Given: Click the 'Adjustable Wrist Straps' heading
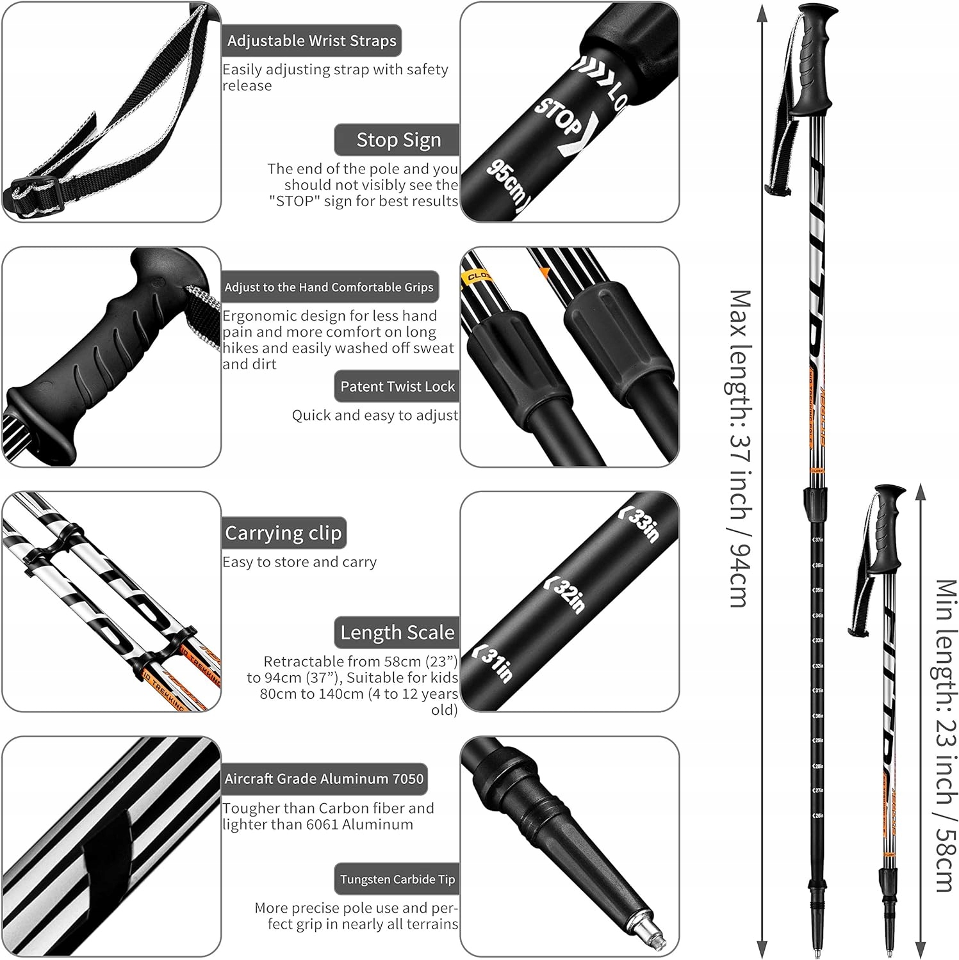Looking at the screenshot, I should pos(311,41).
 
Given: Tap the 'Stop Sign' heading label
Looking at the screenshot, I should pos(398,140).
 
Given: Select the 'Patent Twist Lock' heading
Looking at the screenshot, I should pos(397,387).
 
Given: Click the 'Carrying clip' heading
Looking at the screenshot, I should pos(283,533).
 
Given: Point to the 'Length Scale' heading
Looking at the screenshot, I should pos(397,633).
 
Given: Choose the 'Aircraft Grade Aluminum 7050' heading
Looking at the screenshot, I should pos(324,779).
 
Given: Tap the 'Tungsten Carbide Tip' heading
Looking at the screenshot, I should pos(397,879).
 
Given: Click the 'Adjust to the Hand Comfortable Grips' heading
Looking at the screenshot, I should pos(329,287).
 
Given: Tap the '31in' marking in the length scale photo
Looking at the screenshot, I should pos(494,663).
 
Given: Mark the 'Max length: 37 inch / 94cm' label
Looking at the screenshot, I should pos(739,448).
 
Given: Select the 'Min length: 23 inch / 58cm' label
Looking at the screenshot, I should pos(944,736).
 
